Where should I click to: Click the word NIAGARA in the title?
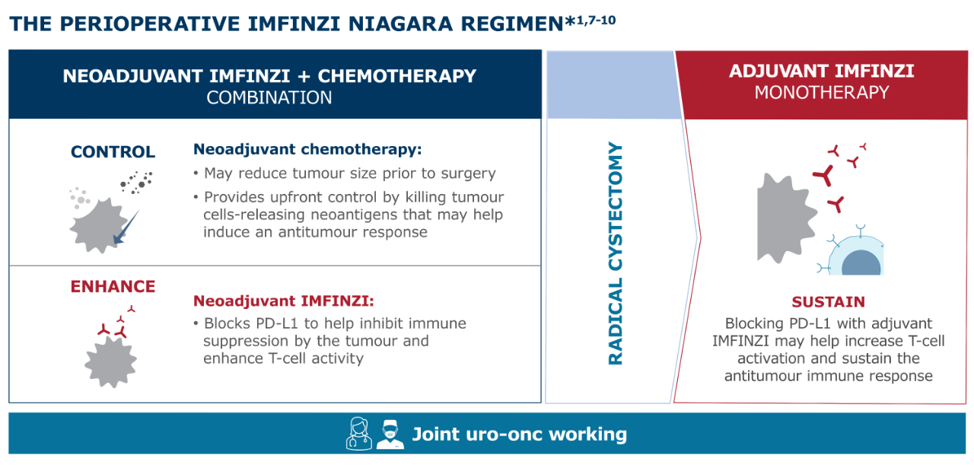coord(400,24)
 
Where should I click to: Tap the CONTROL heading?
coord(113,151)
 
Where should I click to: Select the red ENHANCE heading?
coord(113,287)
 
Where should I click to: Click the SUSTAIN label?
coord(829,302)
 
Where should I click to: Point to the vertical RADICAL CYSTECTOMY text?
coord(616,253)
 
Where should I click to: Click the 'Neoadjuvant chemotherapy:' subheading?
coord(307,150)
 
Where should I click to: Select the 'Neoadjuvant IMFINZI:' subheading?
coord(284,301)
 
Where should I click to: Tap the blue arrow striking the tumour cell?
coord(126,227)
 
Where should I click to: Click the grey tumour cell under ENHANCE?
coord(111,362)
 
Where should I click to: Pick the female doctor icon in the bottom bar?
coord(358,433)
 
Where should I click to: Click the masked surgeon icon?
coord(390,434)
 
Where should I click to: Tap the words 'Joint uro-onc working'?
coord(520,434)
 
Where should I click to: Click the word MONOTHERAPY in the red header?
coord(822,93)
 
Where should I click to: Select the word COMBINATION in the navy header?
coord(269,98)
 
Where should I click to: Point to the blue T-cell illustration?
coord(852,253)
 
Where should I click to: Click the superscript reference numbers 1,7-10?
coord(596,20)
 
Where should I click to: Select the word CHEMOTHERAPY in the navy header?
coord(397,76)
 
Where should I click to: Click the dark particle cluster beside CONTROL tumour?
coord(136,182)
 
